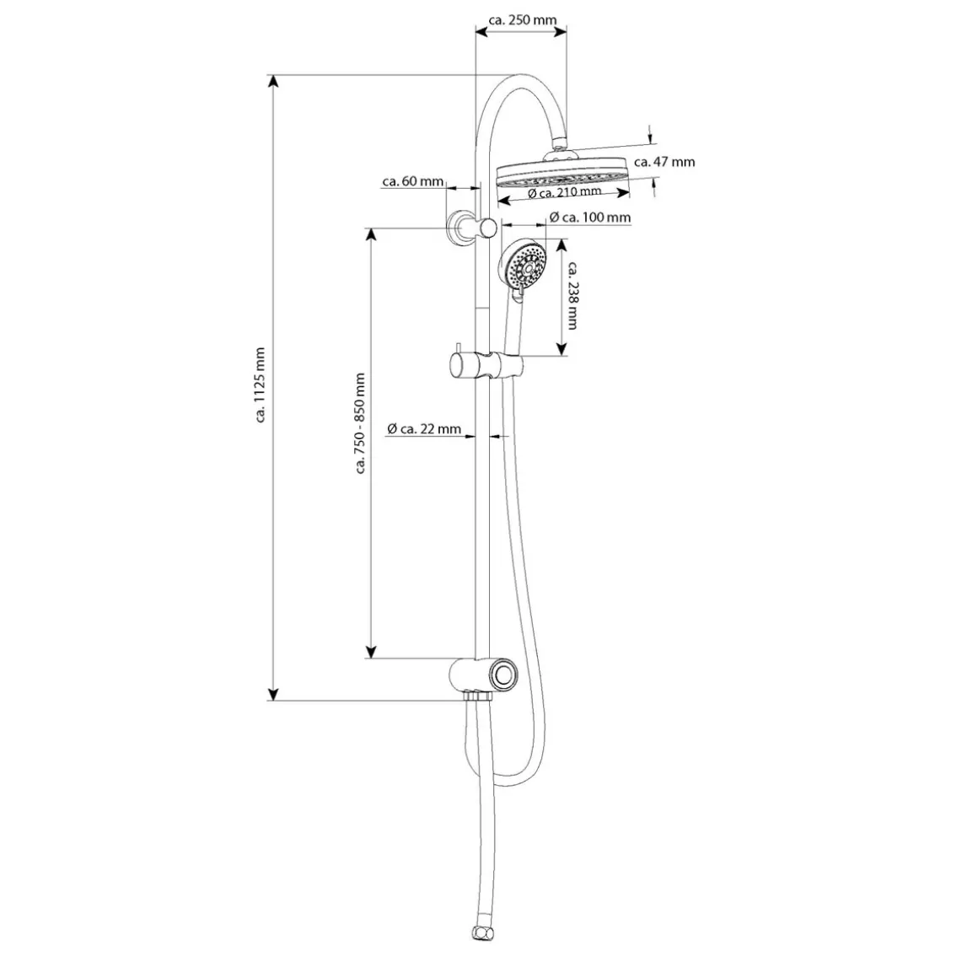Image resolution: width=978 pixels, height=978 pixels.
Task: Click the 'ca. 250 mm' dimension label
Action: [522, 20]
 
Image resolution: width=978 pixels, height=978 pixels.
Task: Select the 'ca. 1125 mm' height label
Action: [261, 384]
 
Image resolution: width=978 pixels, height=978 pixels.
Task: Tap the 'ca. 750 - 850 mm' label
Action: [360, 423]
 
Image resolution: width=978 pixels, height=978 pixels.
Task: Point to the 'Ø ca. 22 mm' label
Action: [424, 428]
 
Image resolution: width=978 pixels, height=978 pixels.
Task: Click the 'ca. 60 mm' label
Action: [413, 181]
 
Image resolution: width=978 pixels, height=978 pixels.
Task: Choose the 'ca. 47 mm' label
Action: [664, 162]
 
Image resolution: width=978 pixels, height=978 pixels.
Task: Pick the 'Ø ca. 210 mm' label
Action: [565, 192]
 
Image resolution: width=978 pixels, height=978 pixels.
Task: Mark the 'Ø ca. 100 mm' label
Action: [590, 217]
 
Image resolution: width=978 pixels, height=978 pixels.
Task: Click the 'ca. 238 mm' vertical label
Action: [572, 295]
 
